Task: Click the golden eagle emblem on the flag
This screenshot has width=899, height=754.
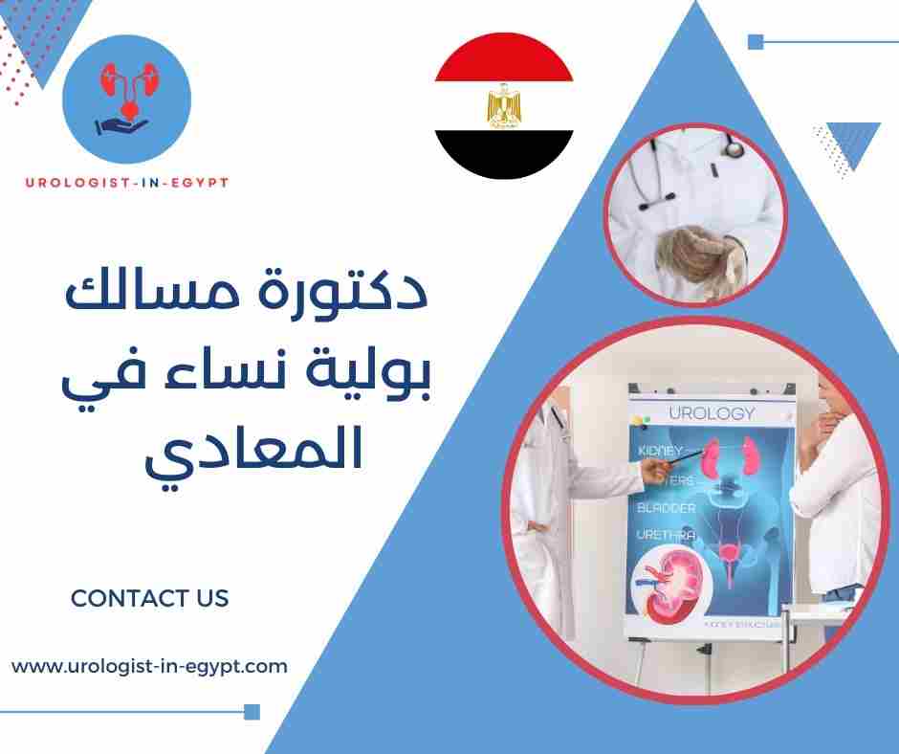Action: tap(503, 107)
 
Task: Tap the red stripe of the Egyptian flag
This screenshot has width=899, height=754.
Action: tap(504, 62)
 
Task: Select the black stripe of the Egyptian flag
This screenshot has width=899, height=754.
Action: tap(504, 153)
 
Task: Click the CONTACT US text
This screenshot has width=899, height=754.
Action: tap(150, 599)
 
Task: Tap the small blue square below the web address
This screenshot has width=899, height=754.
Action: tap(252, 711)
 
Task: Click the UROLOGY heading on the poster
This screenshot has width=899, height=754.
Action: tap(712, 413)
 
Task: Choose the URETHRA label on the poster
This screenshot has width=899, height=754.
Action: tap(669, 536)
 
